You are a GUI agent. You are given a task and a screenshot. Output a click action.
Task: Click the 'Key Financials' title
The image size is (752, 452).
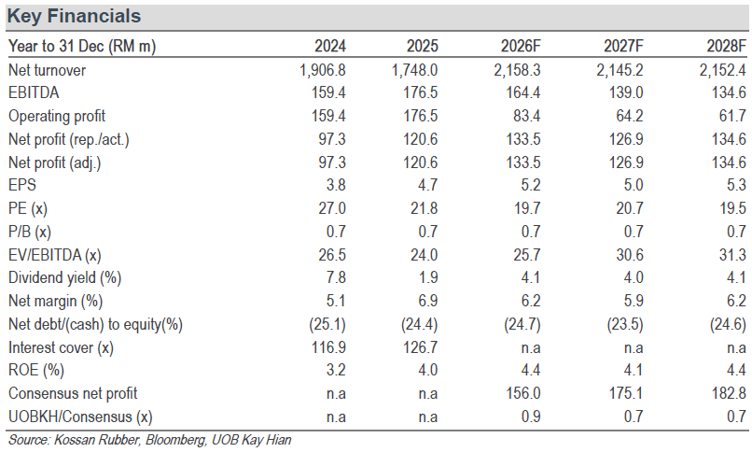(x=75, y=16)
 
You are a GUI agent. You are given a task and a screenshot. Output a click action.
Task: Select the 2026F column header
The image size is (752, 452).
(x=521, y=46)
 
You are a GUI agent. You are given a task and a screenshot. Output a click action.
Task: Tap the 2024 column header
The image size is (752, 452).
(x=330, y=46)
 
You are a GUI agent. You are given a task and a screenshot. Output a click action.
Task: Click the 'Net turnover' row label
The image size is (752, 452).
(x=47, y=70)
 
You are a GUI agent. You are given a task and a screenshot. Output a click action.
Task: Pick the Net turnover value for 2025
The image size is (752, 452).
(x=414, y=70)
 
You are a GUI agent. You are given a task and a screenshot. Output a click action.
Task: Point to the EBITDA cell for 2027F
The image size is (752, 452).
(x=626, y=92)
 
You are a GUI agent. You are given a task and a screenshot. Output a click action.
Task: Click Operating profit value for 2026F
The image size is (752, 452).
(x=526, y=116)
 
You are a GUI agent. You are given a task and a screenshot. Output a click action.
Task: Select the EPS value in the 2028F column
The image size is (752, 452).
(x=736, y=185)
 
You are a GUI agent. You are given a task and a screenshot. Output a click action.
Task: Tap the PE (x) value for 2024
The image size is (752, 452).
(x=332, y=208)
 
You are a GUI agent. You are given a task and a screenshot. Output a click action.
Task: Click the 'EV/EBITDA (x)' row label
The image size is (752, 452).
(x=55, y=255)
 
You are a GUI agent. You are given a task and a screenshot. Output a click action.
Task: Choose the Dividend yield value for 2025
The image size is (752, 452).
(x=428, y=277)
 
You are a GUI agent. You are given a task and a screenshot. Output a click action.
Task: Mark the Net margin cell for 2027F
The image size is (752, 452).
(x=634, y=301)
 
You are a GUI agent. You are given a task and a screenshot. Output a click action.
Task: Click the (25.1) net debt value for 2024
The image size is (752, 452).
(x=327, y=324)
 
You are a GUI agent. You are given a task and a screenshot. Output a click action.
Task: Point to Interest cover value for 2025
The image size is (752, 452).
(x=420, y=347)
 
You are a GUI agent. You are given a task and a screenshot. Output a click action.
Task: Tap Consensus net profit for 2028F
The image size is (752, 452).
(x=729, y=393)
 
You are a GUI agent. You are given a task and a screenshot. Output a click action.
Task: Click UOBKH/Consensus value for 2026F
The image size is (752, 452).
(x=531, y=417)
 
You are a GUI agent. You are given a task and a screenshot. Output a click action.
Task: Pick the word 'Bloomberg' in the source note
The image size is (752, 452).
(x=175, y=440)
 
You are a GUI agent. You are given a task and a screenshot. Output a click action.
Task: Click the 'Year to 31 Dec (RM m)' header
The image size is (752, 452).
(x=82, y=46)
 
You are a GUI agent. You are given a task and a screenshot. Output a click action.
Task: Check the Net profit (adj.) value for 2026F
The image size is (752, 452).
(x=523, y=162)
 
